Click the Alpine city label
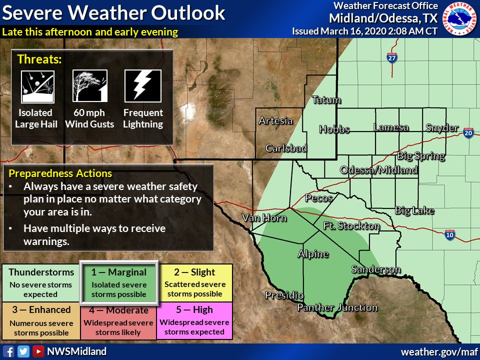(313, 254)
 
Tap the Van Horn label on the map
(264, 217)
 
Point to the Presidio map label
(284, 295)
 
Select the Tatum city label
(326, 100)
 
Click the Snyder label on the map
(442, 128)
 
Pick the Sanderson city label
(376, 270)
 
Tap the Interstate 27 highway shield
(392, 58)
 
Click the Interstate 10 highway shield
(450, 235)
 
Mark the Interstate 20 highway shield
(468, 133)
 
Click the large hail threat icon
(37, 86)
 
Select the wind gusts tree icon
(90, 86)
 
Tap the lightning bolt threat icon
(142, 86)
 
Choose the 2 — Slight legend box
(195, 282)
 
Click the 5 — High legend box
(195, 320)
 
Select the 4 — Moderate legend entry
(118, 320)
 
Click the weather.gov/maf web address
(437, 351)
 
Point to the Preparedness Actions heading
(60, 174)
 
